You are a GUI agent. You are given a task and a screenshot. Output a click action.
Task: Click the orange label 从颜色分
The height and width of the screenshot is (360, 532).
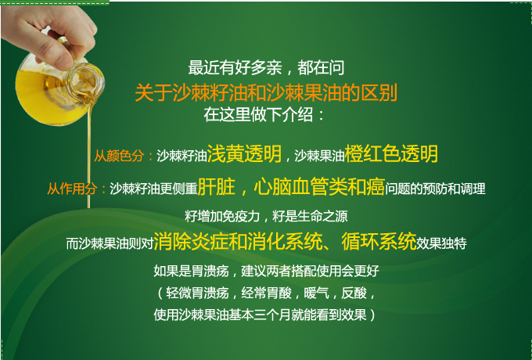click(x=119, y=156)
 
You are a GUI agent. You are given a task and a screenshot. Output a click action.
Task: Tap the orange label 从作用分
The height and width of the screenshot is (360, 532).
click(x=72, y=189)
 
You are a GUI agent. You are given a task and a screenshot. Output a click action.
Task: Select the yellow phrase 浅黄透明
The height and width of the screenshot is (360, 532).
click(x=244, y=153)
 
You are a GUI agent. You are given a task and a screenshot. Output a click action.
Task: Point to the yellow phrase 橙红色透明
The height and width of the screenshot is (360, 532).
click(x=391, y=153)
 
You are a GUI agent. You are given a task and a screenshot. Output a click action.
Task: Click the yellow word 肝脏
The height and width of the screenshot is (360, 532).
click(x=217, y=186)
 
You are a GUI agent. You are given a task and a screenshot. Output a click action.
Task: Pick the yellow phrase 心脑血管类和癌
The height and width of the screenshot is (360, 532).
click(x=319, y=186)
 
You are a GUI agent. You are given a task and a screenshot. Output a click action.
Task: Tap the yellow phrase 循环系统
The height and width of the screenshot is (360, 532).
click(x=379, y=241)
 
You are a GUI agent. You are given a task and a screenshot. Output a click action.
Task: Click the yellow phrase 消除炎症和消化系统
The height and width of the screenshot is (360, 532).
click(x=238, y=241)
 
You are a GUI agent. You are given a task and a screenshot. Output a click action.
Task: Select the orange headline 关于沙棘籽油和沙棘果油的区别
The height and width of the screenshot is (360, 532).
click(x=266, y=92)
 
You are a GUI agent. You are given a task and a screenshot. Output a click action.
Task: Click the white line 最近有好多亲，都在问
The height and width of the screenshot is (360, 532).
click(x=266, y=67)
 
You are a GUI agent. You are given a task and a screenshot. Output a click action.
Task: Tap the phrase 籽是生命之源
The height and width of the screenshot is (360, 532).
click(x=310, y=216)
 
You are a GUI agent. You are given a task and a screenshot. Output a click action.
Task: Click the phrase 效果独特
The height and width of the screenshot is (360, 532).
click(x=441, y=243)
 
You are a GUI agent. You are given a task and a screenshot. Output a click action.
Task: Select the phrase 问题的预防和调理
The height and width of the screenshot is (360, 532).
click(x=435, y=189)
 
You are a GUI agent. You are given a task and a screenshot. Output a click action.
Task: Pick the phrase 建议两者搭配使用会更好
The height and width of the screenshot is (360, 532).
click(x=310, y=271)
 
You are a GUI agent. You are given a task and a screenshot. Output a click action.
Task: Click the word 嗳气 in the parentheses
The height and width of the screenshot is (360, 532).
click(x=317, y=293)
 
